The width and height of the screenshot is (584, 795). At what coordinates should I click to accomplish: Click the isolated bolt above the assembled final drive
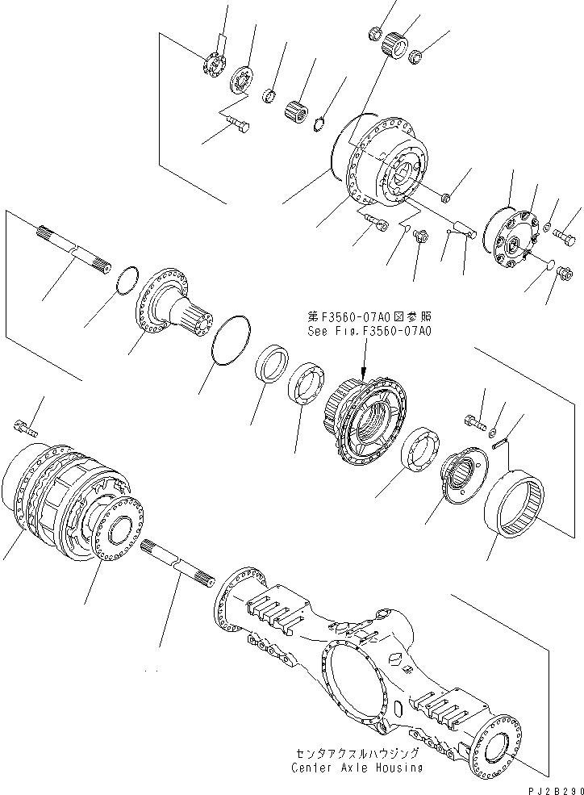coord(26,425)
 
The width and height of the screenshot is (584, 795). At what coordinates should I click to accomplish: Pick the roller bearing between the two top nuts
coord(395,42)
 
